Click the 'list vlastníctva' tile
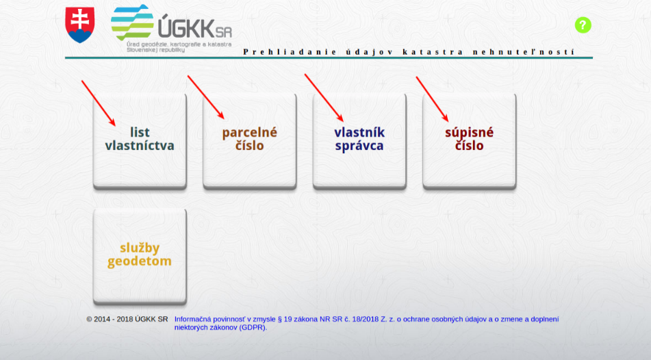(140, 140)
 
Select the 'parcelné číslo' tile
(250, 140)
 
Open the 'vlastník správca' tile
(359, 140)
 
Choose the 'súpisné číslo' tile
(469, 140)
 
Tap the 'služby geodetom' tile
(140, 256)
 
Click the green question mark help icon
(583, 25)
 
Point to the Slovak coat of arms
(80, 25)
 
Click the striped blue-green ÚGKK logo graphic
(132, 23)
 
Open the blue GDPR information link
(366, 323)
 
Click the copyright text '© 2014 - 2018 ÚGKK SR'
(127, 320)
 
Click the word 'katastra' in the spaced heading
(433, 52)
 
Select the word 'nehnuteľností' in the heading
(524, 52)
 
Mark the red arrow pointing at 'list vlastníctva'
(99, 103)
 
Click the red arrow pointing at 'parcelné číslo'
(206, 98)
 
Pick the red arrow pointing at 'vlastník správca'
(324, 98)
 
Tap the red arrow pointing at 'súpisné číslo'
(432, 99)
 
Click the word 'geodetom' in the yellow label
(140, 261)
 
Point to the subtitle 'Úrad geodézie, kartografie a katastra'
(179, 44)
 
